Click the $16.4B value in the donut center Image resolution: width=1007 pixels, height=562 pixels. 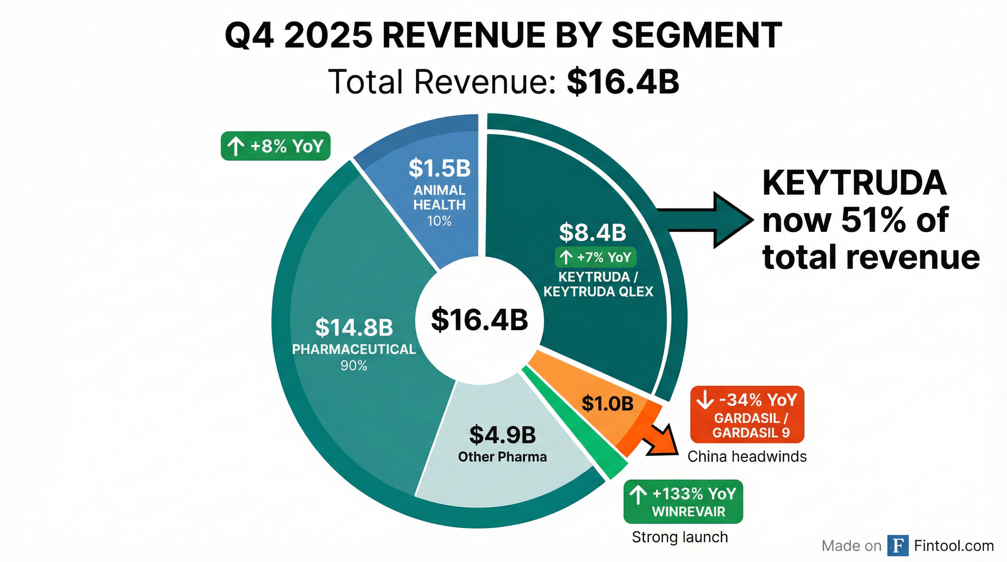coord(479,319)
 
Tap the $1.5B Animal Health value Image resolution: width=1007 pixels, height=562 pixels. coord(439,168)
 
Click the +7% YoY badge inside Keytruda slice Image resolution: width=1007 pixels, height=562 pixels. coord(595,257)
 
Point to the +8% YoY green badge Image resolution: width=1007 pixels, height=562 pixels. coord(276,146)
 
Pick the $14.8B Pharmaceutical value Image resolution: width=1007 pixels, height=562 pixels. coord(354,327)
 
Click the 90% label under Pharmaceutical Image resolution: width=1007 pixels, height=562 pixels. coord(354,366)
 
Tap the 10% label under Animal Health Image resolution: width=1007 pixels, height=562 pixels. coord(439,221)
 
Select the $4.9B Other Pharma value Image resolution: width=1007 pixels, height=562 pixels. coord(502,434)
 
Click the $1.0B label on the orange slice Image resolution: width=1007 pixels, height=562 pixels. coord(607,403)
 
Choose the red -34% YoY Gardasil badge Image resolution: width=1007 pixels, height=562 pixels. coord(747,414)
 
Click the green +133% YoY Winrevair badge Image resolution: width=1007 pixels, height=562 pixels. coord(683,501)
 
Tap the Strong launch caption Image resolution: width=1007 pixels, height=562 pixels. coord(680,537)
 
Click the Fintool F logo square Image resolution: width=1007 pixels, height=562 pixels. coord(898,545)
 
